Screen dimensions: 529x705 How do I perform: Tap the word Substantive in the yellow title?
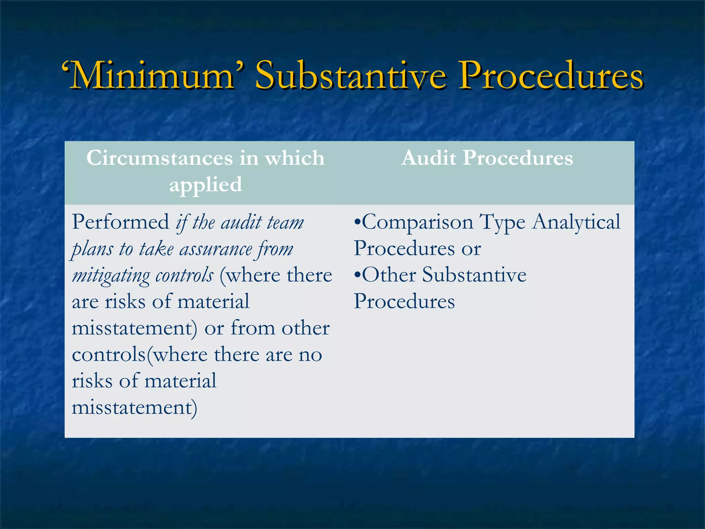(350, 75)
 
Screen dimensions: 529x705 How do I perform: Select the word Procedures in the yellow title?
(551, 75)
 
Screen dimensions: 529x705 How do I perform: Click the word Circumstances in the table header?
(159, 158)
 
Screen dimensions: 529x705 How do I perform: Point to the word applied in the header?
(206, 185)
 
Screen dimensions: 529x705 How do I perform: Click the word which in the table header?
(294, 158)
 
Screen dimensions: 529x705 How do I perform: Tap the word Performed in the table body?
(120, 222)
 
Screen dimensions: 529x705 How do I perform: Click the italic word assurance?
(216, 249)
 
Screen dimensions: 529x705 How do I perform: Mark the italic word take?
(156, 249)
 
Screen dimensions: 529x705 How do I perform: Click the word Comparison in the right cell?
(418, 222)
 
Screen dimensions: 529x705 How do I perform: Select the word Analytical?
(576, 222)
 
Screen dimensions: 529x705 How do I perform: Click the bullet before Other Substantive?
(357, 275)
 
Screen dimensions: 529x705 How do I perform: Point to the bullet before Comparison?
(357, 222)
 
